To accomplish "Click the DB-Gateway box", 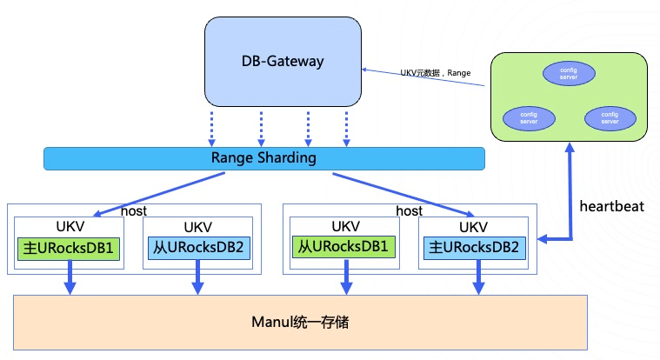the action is tap(283, 62).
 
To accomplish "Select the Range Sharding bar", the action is tap(264, 159).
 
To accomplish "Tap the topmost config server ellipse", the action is tap(569, 74).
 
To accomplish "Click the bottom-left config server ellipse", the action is tap(529, 118).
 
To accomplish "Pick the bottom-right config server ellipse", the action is tap(610, 118).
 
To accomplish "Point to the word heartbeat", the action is tap(611, 206).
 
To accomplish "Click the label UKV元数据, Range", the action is tap(436, 73).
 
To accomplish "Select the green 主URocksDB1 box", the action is tap(69, 249).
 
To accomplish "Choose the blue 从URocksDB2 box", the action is tap(198, 248).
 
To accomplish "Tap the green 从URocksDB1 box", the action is tap(343, 247).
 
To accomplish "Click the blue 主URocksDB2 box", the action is tap(475, 248).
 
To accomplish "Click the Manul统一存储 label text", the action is tap(300, 323).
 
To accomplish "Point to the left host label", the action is tap(134, 211).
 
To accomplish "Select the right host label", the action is tap(410, 211).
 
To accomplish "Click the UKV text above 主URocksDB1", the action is tap(70, 227).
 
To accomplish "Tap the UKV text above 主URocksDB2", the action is tap(474, 227).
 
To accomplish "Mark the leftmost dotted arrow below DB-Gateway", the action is tap(211, 129).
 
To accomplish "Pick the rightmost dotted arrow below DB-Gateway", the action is tap(346, 129).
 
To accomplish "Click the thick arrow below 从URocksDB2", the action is tap(197, 277).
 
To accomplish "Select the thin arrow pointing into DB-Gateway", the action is tap(423, 77).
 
